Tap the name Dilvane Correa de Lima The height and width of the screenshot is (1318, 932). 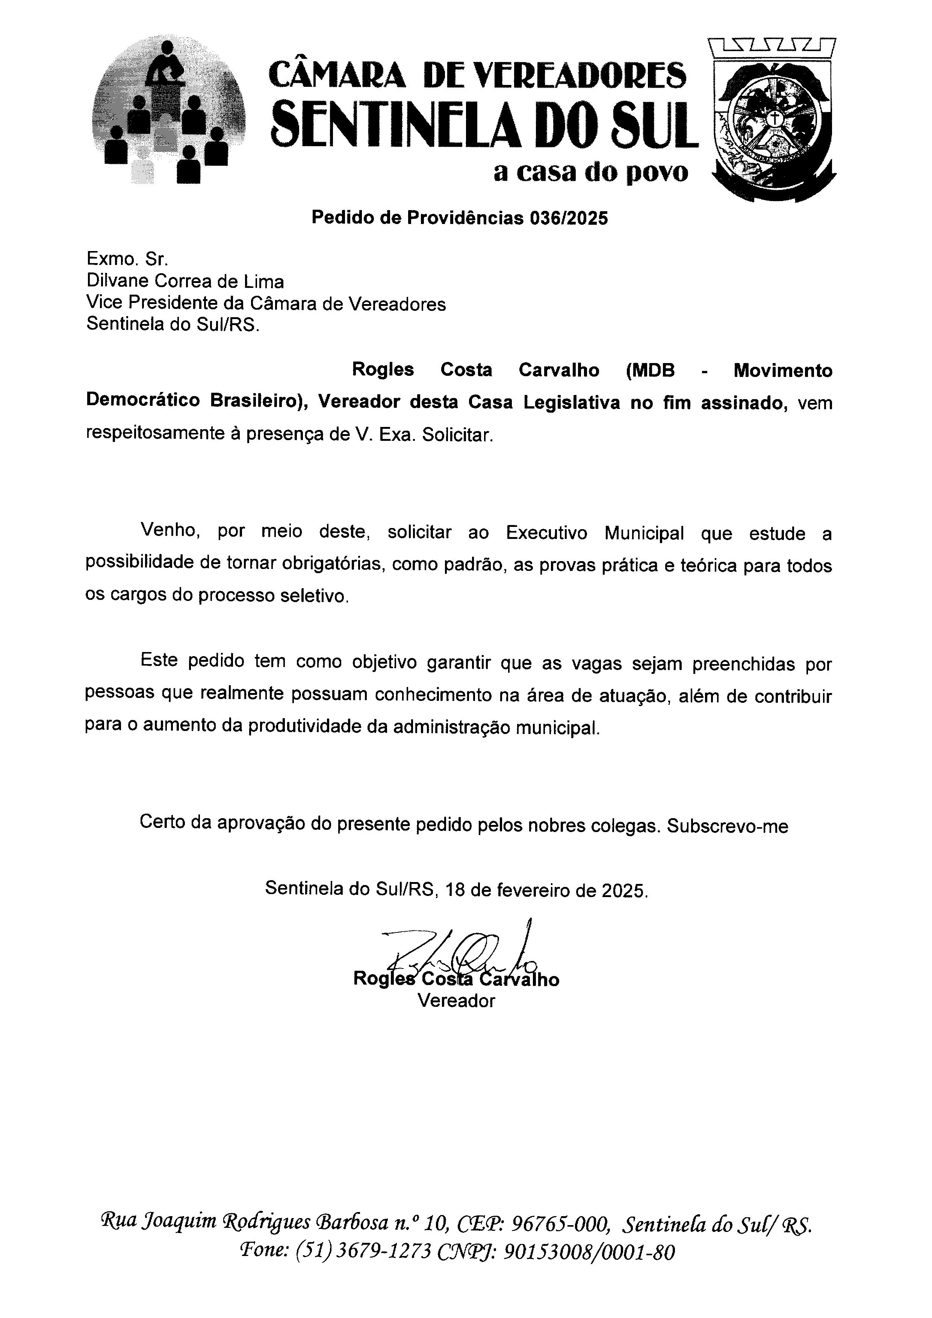point(185,281)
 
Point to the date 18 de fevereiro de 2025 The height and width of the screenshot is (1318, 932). point(546,890)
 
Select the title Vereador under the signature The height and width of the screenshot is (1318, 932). point(456,1000)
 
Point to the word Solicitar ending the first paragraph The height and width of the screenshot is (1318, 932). point(457,434)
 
